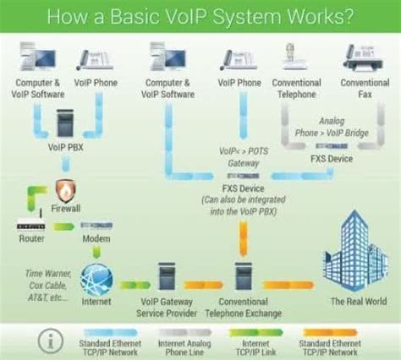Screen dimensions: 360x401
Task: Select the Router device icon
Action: tap(30, 226)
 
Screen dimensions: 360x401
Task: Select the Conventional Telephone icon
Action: tap(296, 59)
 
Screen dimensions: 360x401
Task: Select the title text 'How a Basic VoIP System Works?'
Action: tap(200, 15)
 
